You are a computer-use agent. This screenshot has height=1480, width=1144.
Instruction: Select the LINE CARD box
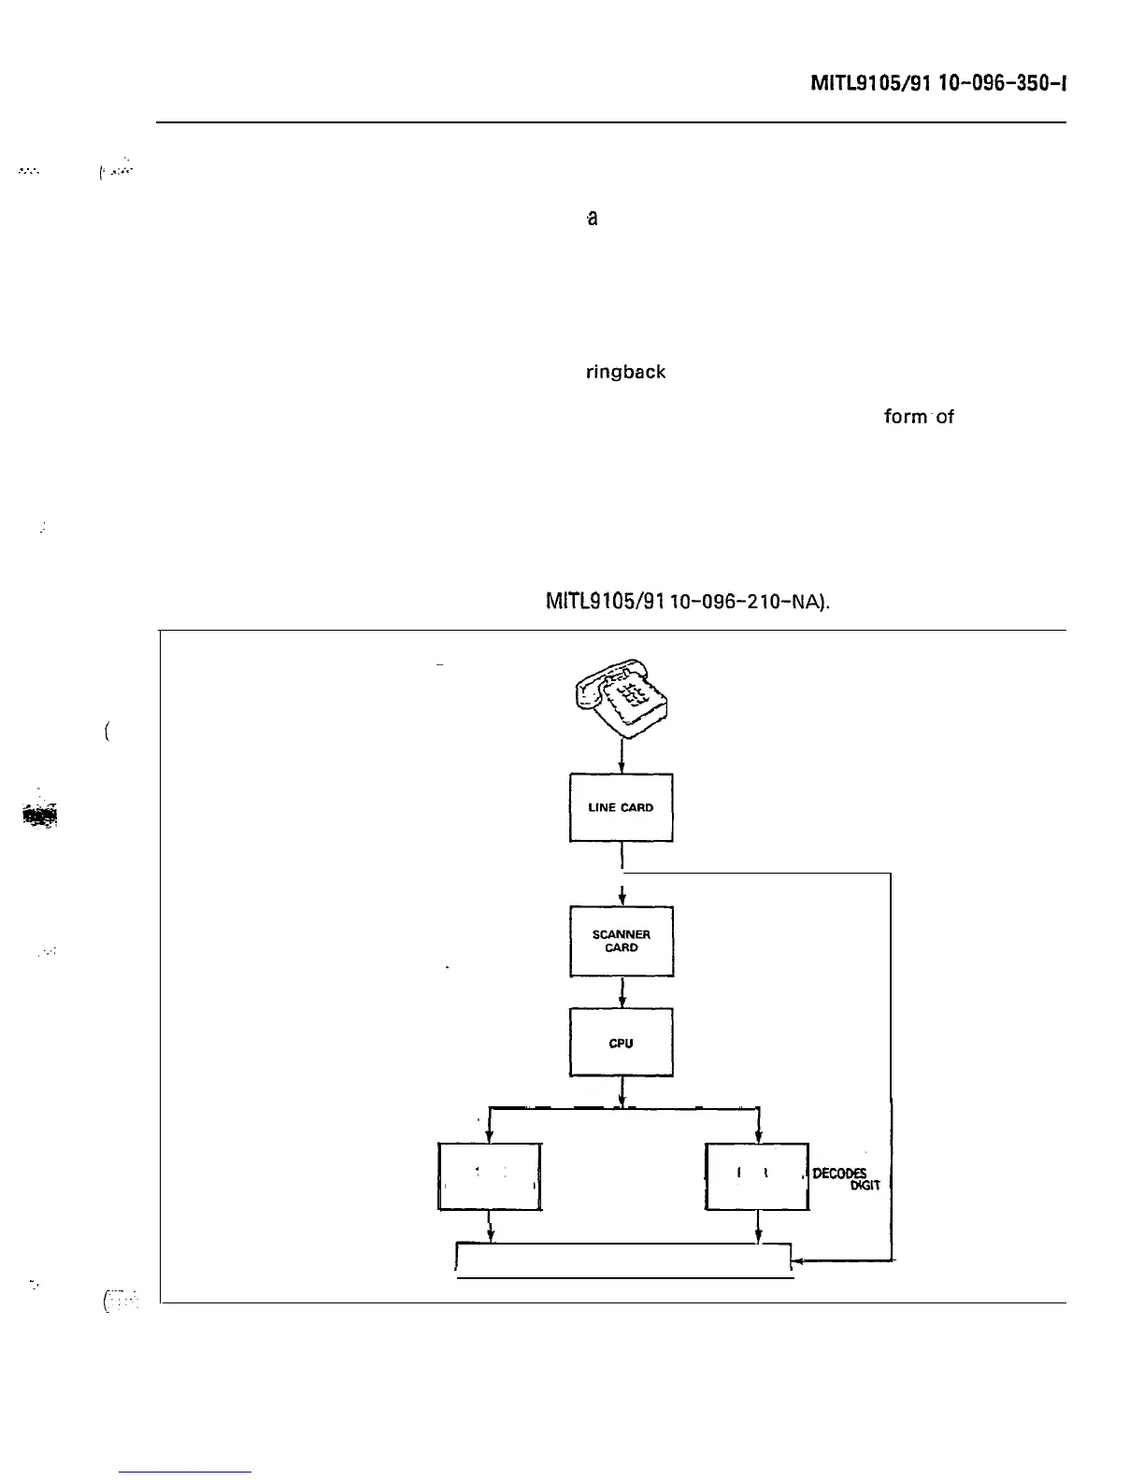621,807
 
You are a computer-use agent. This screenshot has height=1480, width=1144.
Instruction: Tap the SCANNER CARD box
621,941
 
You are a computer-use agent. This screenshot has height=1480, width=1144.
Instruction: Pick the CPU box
621,1043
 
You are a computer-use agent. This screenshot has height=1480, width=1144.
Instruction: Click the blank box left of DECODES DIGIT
756,1176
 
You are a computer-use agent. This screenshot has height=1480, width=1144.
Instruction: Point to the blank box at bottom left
490,1176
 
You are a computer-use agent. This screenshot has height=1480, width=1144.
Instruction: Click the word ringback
625,372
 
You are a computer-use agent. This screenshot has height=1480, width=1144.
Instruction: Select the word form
905,417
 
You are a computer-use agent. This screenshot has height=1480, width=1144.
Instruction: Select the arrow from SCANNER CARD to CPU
622,991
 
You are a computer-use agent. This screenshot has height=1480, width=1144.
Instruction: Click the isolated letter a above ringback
592,219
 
